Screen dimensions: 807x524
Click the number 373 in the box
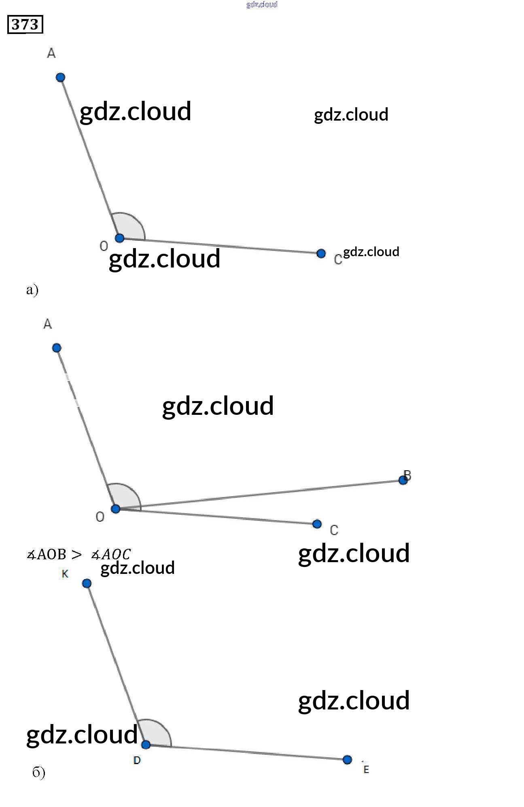[x=25, y=25]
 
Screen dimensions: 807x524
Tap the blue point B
[x=403, y=480]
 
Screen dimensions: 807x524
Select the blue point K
[x=87, y=583]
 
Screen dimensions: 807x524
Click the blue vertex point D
[x=146, y=744]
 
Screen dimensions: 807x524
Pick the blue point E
[x=347, y=760]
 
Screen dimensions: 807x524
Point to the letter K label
[x=65, y=573]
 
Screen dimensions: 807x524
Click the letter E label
[x=366, y=769]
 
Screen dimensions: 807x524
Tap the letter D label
[x=137, y=760]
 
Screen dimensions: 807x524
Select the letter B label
[x=407, y=475]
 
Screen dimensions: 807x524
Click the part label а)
[x=32, y=289]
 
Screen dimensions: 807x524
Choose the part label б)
[x=38, y=773]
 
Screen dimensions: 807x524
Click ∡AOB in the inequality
[x=46, y=554]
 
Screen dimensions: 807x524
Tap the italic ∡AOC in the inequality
[x=111, y=554]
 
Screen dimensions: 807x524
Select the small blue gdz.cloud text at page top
[x=262, y=4]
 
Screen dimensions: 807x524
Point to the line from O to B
[x=259, y=495]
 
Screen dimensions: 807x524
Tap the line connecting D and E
[x=246, y=752]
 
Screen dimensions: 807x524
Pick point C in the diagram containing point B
[x=317, y=524]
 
